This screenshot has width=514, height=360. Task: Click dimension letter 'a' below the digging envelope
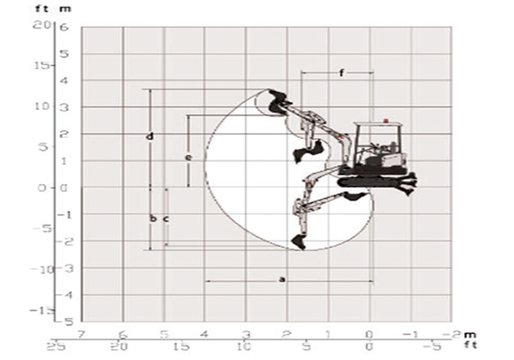click(281, 279)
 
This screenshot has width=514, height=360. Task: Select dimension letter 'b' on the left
click(152, 218)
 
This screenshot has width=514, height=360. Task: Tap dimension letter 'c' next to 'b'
click(165, 218)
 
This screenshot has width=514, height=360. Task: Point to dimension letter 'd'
click(150, 137)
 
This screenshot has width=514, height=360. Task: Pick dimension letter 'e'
click(188, 157)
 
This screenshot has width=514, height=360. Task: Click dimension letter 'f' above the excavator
click(341, 73)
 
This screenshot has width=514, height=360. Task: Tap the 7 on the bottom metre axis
click(81, 334)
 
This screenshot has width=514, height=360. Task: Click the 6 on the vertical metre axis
click(64, 26)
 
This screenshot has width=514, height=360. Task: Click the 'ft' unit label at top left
click(39, 8)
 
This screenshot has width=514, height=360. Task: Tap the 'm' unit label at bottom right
click(471, 334)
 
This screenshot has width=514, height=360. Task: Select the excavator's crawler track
click(370, 181)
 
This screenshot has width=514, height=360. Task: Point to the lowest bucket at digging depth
click(299, 241)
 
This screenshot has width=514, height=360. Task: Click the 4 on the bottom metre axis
click(205, 334)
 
